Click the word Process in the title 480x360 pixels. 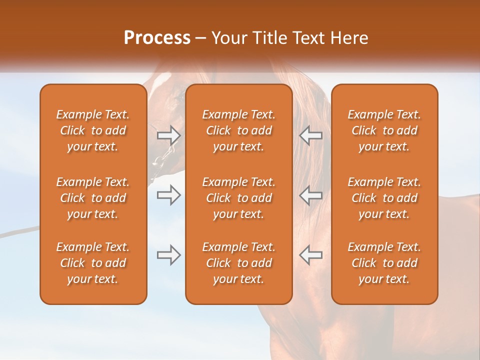pos(157,38)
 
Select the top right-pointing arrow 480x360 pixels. pos(168,135)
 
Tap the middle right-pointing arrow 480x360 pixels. pos(168,195)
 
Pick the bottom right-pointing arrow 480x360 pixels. pos(168,255)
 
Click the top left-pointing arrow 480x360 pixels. pos(310,135)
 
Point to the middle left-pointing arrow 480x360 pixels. pos(310,195)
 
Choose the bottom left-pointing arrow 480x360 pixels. pos(310,255)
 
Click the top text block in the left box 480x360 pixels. pos(93,130)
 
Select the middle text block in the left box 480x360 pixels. pos(93,198)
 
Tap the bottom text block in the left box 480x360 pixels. pos(93,263)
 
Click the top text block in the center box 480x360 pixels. pos(239,130)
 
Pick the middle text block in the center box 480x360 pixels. pos(239,198)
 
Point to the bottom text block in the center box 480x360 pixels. pos(239,263)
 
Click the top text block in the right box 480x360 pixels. pos(384,130)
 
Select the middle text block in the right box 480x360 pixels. pos(384,198)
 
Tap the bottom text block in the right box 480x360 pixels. pos(384,263)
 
